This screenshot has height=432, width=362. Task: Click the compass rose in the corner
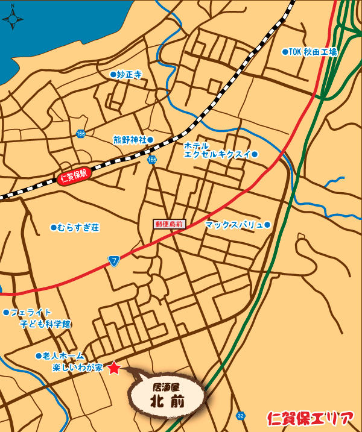(x=13, y=19)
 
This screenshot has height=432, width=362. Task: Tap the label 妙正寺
(x=129, y=75)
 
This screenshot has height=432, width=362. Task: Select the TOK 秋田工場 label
(x=313, y=52)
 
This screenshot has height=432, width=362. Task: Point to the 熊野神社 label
(x=130, y=140)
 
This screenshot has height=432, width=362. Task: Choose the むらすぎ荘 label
(x=78, y=228)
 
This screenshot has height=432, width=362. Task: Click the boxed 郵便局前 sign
(x=170, y=224)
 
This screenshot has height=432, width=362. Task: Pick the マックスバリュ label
(x=234, y=225)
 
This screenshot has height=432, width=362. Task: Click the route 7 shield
(x=114, y=260)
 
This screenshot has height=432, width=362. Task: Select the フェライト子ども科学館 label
(x=40, y=318)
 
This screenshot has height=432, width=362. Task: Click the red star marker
(x=114, y=368)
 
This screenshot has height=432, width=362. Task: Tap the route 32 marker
(x=241, y=416)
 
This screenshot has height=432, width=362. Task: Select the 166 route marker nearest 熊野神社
(x=151, y=160)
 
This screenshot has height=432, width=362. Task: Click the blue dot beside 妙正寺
(x=113, y=75)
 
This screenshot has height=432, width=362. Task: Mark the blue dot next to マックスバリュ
(x=268, y=225)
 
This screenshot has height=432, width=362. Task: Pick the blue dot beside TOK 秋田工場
(x=285, y=52)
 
